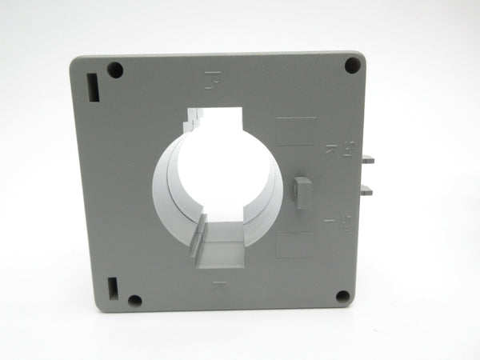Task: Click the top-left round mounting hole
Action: click(x=115, y=70)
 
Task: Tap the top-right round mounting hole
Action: click(x=352, y=66)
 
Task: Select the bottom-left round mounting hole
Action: click(x=134, y=301)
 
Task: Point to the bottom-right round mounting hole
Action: click(x=342, y=297)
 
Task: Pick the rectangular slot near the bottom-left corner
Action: click(x=112, y=287)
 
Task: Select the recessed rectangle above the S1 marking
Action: click(x=295, y=131)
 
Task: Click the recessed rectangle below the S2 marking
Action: click(x=294, y=244)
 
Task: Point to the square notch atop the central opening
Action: click(x=216, y=117)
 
